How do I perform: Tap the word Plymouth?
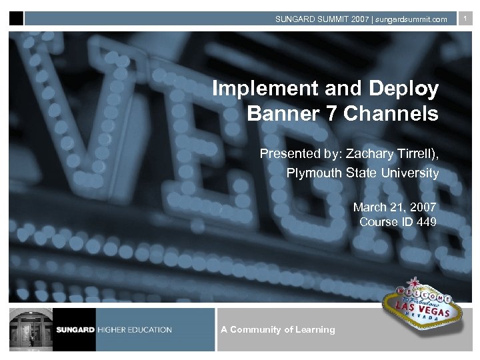point(314,173)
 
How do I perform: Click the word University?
point(406,173)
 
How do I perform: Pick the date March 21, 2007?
point(395,208)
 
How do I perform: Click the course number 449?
point(427,222)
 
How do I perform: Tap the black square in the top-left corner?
point(16,19)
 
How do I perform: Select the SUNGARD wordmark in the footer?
point(76,330)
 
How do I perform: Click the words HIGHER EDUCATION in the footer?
point(135,330)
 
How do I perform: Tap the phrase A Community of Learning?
point(277,329)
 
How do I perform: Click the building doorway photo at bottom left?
point(31,329)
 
